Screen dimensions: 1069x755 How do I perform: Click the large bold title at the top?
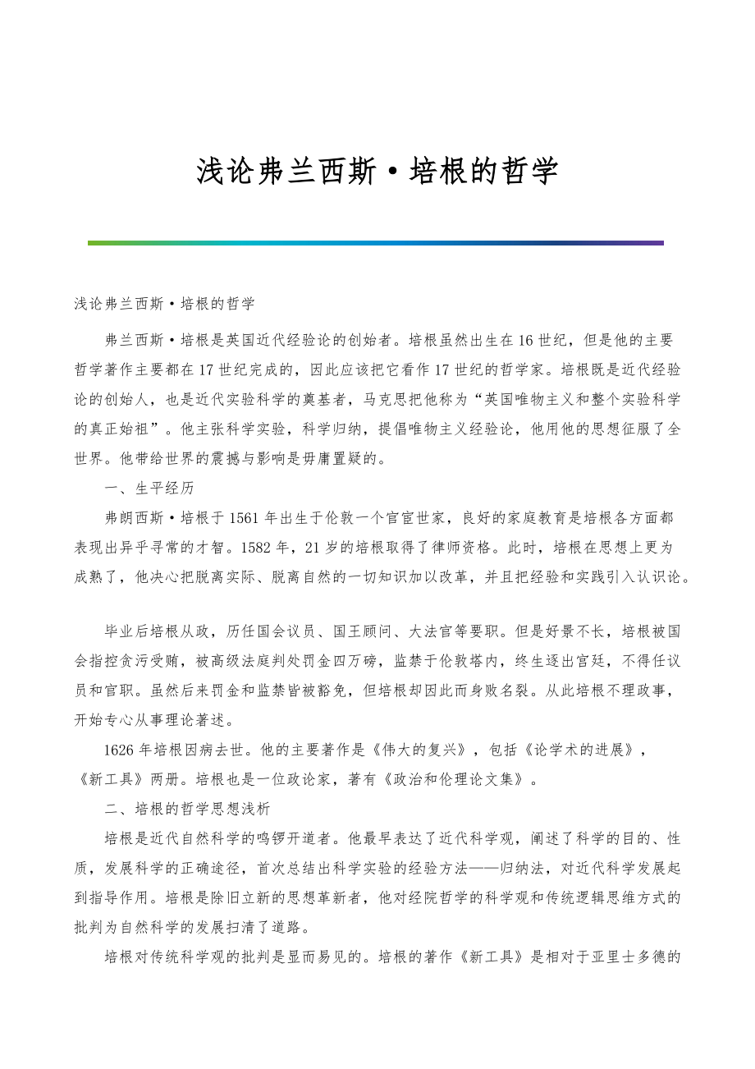[x=377, y=171]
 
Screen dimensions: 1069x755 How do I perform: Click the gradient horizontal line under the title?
[x=376, y=243]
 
